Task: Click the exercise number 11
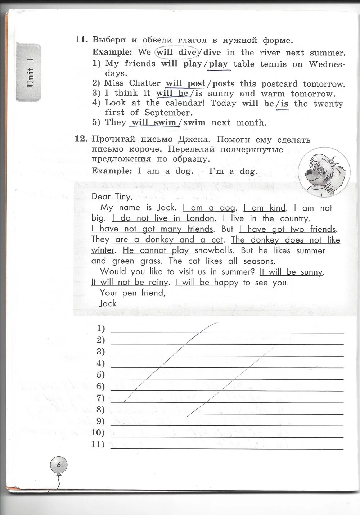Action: pyautogui.click(x=81, y=40)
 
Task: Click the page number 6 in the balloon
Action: pyautogui.click(x=59, y=465)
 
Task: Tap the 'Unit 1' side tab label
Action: pyautogui.click(x=30, y=72)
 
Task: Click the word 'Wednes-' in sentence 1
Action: pyautogui.click(x=327, y=64)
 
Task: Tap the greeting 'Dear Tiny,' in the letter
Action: pyautogui.click(x=112, y=196)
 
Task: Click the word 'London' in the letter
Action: pyautogui.click(x=200, y=218)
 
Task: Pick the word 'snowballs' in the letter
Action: pyautogui.click(x=213, y=250)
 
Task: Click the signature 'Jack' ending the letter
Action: pyautogui.click(x=108, y=303)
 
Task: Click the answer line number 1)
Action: pyautogui.click(x=101, y=328)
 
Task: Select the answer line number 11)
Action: pyautogui.click(x=98, y=444)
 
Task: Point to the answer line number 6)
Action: pyautogui.click(x=101, y=386)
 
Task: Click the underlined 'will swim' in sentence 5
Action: pyautogui.click(x=154, y=122)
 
